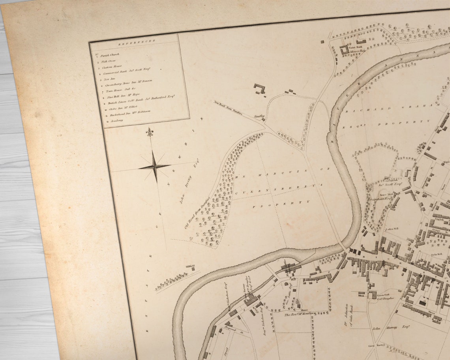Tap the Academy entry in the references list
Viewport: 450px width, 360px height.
coord(117,120)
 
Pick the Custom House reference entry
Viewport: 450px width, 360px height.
coord(112,67)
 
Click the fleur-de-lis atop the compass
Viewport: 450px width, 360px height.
coord(149,132)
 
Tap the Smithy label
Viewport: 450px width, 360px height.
coord(259,116)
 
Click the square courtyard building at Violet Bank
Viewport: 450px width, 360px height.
coord(344,49)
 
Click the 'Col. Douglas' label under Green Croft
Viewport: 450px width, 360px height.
coord(385,298)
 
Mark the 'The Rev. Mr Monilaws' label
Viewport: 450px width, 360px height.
coord(300,314)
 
